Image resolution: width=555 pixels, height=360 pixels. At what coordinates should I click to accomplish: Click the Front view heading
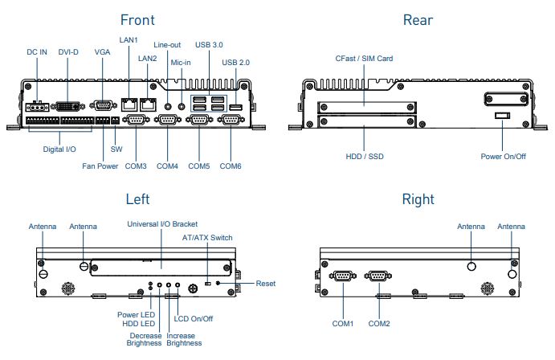[x=137, y=19]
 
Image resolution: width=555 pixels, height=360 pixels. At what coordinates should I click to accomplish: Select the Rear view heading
[x=418, y=19]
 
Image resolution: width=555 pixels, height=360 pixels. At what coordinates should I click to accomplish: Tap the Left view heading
[x=137, y=199]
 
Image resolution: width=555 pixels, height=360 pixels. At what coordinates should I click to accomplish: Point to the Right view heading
[x=418, y=199]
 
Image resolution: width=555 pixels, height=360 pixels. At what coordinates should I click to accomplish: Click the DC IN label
[x=37, y=52]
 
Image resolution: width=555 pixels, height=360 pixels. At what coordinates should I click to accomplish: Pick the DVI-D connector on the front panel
[x=71, y=104]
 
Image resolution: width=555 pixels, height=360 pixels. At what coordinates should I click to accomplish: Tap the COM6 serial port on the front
[x=231, y=121]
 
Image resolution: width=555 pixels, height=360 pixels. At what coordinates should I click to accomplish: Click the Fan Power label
[x=100, y=166]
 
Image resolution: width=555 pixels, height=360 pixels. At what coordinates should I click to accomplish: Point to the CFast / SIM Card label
[x=364, y=59]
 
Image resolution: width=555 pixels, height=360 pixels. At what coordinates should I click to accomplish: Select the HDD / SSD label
[x=364, y=156]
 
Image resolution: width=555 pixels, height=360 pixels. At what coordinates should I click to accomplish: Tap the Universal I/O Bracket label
[x=162, y=224]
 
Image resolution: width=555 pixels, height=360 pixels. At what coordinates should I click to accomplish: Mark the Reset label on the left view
[x=266, y=284]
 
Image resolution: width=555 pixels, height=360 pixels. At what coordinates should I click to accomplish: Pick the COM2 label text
[x=379, y=324]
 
